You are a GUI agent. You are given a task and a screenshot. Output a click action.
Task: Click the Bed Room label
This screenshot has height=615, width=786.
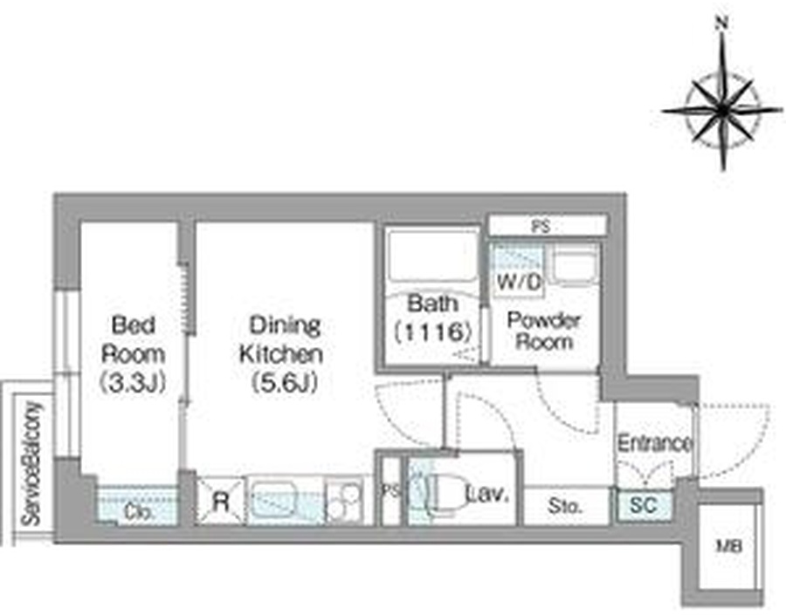point(133,353)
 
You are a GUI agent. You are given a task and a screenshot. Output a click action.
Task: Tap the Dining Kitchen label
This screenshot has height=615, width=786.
point(282,353)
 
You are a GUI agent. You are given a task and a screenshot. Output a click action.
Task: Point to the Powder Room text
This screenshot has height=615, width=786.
point(544,331)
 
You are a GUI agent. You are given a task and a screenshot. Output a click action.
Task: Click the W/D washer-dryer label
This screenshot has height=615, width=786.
point(520,283)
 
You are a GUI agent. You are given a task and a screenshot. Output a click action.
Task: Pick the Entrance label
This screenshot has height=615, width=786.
point(654,444)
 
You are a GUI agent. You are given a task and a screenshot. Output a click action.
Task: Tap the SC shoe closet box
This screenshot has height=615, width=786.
point(644,506)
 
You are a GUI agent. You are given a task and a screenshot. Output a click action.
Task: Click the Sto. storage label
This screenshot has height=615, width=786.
point(565,506)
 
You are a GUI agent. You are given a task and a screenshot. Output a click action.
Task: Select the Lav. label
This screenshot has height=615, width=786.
point(487,495)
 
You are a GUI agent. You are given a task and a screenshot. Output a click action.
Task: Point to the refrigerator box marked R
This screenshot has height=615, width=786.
point(221,502)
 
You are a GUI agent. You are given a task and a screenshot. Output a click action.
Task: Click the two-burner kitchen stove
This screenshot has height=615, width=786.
point(344,502)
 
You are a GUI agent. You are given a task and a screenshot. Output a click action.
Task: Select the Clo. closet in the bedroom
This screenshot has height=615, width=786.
point(137,505)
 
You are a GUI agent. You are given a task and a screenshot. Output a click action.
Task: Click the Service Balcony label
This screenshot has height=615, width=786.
point(31,464)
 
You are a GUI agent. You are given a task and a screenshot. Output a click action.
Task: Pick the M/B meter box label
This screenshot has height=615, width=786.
point(729,546)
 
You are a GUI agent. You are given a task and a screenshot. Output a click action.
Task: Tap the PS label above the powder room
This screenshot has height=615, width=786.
point(541,226)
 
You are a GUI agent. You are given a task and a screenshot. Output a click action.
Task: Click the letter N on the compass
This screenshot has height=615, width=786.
point(722,23)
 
